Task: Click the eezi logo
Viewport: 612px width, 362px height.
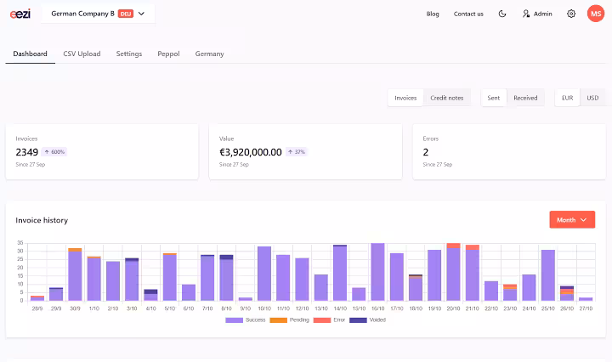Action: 20,14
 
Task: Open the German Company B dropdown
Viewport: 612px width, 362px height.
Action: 98,14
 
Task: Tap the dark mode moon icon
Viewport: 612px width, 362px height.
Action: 502,14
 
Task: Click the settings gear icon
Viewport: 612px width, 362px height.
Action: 571,14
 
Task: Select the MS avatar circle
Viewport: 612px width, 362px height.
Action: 596,14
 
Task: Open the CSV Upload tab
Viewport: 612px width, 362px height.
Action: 82,54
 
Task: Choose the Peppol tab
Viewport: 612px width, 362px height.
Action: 168,54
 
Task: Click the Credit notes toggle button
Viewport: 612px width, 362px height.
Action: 447,98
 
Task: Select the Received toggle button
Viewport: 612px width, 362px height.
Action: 525,98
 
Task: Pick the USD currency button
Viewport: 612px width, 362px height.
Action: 592,98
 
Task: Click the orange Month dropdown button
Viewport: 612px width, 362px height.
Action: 572,219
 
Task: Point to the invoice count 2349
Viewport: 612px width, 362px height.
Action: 27,152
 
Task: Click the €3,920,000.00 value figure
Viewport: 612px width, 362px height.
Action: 251,152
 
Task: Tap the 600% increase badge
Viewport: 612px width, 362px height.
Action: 54,152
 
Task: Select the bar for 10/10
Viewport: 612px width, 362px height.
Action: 264,274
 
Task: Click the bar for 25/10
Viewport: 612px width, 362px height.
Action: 548,275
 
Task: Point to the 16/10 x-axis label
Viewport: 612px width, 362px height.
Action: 377,308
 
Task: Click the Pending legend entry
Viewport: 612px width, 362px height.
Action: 289,320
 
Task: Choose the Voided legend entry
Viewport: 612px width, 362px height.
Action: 368,320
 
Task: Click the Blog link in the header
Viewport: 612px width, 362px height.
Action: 433,14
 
